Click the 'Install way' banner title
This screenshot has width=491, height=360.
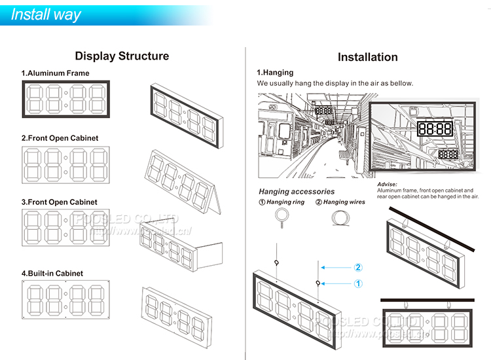point(46,14)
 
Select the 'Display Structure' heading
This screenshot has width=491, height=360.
point(122,56)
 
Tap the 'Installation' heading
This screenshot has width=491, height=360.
point(367,57)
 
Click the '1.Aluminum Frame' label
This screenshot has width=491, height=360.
point(55,73)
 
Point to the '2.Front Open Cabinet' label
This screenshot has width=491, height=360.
point(60,138)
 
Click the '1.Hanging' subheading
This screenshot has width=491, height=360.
point(275,73)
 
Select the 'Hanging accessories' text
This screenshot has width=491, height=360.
point(297,192)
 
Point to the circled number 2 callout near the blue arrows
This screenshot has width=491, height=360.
point(358,267)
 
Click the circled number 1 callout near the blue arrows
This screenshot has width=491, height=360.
point(358,283)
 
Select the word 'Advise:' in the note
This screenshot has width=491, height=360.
point(388,185)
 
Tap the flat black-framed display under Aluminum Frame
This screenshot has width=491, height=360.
point(66,99)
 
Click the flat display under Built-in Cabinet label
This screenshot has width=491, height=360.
point(66,298)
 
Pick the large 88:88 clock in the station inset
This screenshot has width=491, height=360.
point(435,128)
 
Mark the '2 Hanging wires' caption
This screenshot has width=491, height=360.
point(340,202)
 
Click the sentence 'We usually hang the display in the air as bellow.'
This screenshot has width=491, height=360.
point(335,84)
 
